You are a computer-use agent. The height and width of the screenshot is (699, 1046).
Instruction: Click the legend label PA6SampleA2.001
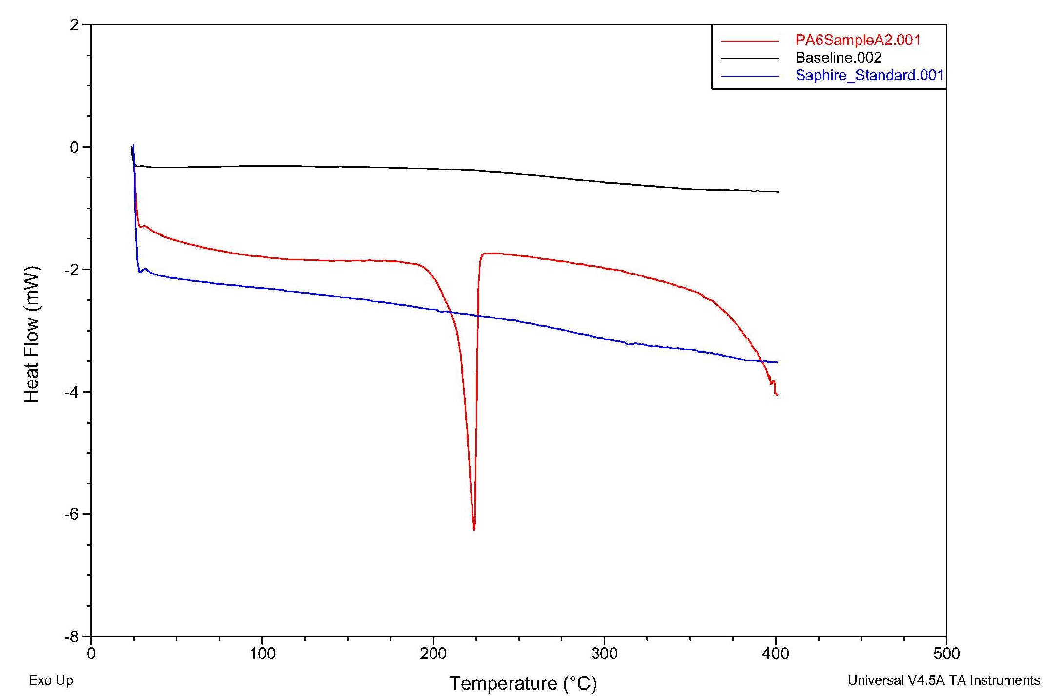click(858, 40)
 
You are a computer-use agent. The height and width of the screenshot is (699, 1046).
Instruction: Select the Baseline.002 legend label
click(838, 58)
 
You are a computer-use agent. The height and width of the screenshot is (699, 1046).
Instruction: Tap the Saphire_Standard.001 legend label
click(869, 75)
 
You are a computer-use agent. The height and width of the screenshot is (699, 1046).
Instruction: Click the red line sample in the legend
click(750, 41)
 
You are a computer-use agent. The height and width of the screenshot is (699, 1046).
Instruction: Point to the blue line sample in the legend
click(750, 76)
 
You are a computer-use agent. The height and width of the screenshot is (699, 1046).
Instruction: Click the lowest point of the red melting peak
click(474, 530)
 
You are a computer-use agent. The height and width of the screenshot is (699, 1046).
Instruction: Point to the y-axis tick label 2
click(74, 25)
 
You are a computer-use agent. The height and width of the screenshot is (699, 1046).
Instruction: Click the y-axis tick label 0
click(74, 147)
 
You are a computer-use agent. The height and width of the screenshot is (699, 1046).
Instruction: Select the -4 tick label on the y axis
click(71, 392)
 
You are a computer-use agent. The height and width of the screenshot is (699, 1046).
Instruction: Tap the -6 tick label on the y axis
click(71, 514)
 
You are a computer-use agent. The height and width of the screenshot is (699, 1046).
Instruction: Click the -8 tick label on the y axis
click(71, 637)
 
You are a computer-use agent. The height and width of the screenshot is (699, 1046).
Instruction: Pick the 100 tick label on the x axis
click(263, 654)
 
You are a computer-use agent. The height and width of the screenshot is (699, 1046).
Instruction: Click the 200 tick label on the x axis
click(433, 654)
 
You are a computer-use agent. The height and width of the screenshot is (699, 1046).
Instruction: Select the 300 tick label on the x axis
click(604, 654)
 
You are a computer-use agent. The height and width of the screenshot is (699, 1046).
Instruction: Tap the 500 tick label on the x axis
click(946, 654)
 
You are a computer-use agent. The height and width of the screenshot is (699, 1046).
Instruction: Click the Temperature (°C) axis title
click(523, 683)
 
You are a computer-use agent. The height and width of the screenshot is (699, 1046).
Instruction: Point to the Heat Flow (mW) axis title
click(32, 334)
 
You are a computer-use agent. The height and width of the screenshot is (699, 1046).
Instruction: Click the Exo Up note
click(51, 680)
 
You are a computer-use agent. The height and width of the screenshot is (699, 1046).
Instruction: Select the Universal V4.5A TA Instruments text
click(943, 680)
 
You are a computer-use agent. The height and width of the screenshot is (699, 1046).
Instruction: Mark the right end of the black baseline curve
click(778, 192)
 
